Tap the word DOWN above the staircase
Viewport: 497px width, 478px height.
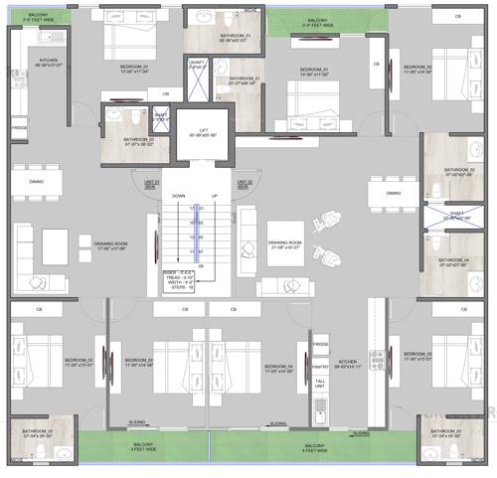pyautogui.click(x=178, y=197)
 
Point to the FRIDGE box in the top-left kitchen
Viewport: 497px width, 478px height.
pyautogui.click(x=19, y=129)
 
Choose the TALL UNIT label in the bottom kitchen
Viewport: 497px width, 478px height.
pyautogui.click(x=320, y=384)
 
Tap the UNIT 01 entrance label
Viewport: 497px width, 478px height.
pyautogui.click(x=151, y=183)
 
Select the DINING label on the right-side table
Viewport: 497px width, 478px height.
pyautogui.click(x=394, y=194)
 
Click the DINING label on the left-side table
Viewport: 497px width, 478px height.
pyautogui.click(x=37, y=182)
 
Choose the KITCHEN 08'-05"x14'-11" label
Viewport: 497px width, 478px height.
pyautogui.click(x=348, y=365)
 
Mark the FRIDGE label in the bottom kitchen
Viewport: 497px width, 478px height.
pyautogui.click(x=320, y=344)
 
